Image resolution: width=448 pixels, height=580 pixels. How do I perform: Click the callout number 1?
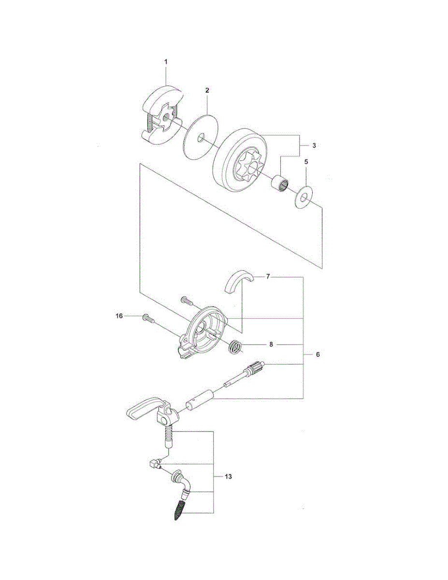click(165, 62)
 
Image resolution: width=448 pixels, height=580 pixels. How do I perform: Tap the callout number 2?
click(207, 90)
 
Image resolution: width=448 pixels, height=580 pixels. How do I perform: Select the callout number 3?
click(314, 145)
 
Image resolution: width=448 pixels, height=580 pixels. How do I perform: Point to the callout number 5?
click(306, 163)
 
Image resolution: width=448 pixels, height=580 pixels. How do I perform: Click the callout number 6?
click(318, 354)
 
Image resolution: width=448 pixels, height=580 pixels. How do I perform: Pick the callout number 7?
click(268, 277)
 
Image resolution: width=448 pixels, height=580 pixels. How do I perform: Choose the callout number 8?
click(271, 345)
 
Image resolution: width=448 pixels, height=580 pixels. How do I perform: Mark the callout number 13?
click(228, 476)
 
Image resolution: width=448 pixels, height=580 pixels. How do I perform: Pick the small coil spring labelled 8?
click(235, 346)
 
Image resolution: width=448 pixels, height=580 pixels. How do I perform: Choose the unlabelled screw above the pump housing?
click(187, 301)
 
